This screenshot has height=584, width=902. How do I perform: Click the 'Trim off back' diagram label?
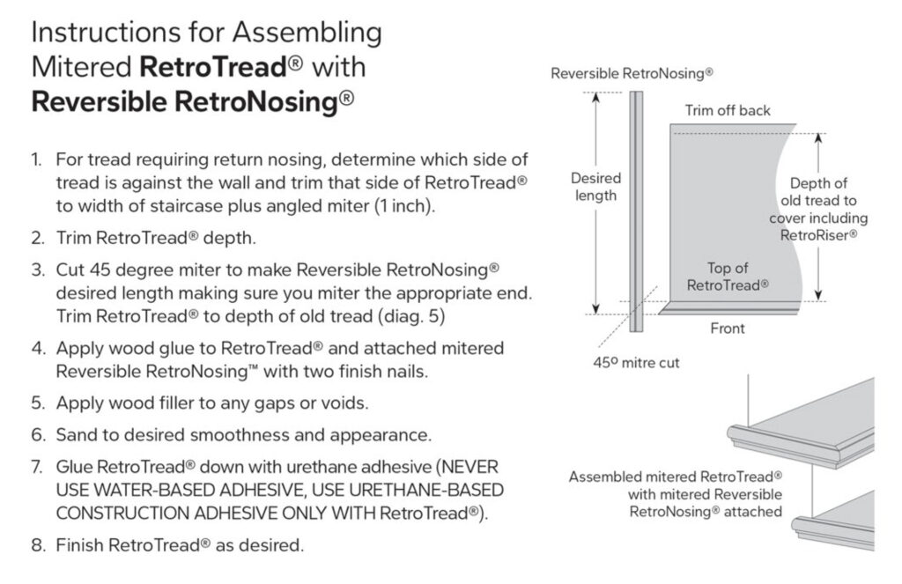pyautogui.click(x=728, y=110)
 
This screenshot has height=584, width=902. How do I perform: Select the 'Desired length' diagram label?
pyautogui.click(x=595, y=187)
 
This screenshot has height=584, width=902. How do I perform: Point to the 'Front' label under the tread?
pyautogui.click(x=727, y=329)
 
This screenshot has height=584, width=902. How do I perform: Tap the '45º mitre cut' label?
pyautogui.click(x=636, y=361)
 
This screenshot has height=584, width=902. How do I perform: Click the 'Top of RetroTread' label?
pyautogui.click(x=727, y=277)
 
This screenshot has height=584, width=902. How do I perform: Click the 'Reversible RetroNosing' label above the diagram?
pyautogui.click(x=632, y=74)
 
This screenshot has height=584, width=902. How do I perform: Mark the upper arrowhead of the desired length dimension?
pyautogui.click(x=595, y=98)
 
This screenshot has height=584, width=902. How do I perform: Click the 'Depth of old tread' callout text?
pyautogui.click(x=817, y=210)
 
